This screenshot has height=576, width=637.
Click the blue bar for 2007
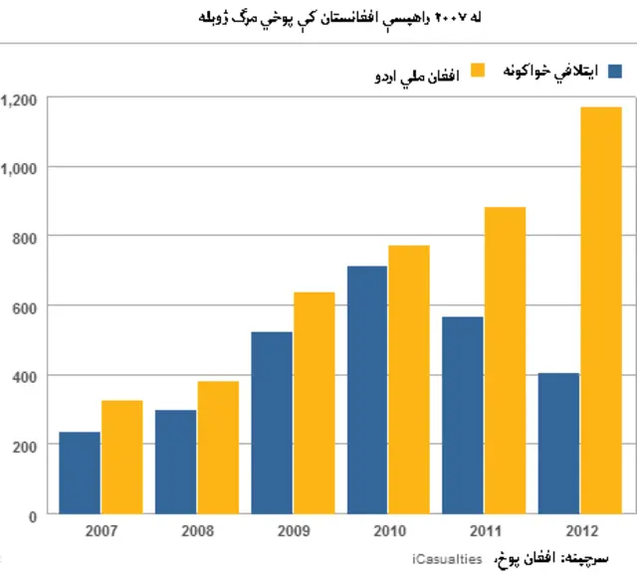coord(80,474)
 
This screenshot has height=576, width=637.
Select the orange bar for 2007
coord(121,458)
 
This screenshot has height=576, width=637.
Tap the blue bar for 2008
coord(175,463)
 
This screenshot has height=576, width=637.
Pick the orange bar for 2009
coord(314,403)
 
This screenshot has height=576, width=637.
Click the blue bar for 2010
coord(367,390)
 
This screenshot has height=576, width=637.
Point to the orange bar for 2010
coord(409,380)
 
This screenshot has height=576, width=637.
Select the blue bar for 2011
coord(463,416)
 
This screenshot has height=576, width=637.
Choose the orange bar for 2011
coord(505,360)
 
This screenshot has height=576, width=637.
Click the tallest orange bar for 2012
coord(601,310)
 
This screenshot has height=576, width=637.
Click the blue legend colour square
coord(614,71)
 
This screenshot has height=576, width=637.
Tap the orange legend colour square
coord(477,71)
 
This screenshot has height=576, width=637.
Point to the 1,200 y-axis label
coord(20,98)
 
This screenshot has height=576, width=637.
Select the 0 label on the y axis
coord(32,515)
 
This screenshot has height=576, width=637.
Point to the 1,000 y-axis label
coord(20,168)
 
